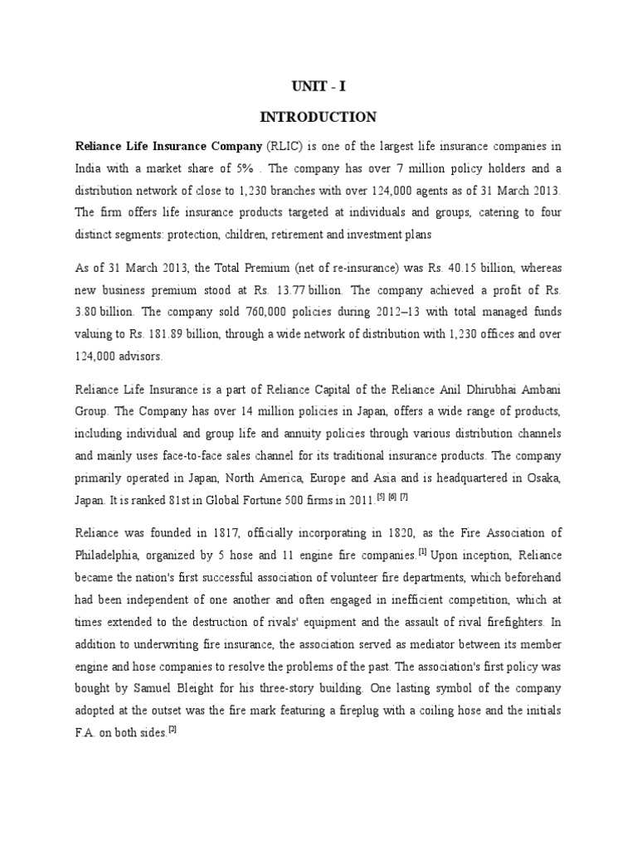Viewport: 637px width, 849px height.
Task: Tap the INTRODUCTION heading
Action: [318, 117]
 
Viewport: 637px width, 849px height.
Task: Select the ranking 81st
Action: [211, 499]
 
